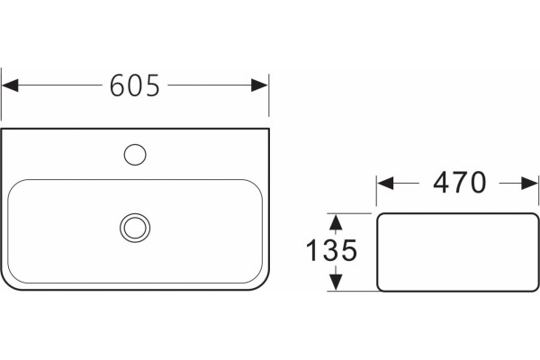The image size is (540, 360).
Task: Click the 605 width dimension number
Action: (135, 85)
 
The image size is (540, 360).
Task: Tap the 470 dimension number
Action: (459, 183)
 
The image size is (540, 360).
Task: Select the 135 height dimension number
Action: (331, 250)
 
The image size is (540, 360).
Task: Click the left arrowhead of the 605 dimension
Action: (10, 85)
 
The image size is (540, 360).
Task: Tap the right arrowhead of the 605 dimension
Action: (260, 85)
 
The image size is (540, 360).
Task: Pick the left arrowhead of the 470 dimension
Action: (385, 183)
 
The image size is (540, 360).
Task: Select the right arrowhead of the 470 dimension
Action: (530, 183)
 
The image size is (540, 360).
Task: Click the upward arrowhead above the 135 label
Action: (336, 222)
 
